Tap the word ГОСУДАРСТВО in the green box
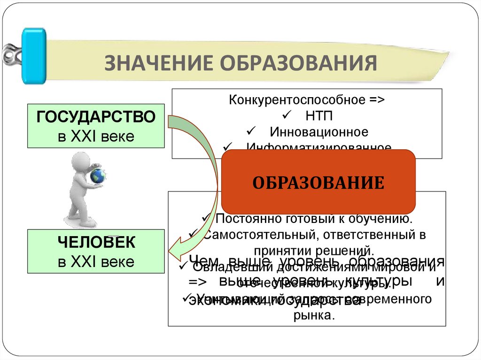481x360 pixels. (x=96, y=117)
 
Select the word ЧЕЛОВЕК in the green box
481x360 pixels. (x=96, y=243)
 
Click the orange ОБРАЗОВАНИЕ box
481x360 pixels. (x=318, y=183)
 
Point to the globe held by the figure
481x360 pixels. (x=98, y=176)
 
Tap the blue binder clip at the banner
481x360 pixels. (x=34, y=56)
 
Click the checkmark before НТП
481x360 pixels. (x=287, y=115)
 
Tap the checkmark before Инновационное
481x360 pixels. (x=250, y=131)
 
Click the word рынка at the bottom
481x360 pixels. (x=313, y=315)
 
